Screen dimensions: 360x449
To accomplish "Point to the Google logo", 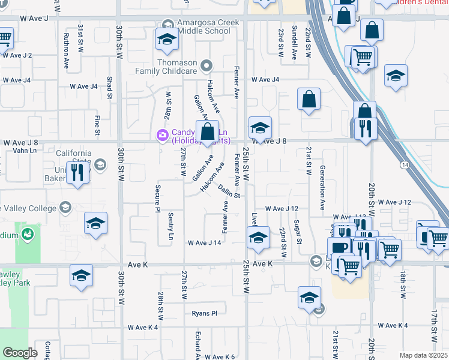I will (x=20, y=353).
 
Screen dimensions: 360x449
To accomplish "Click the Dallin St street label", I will (x=229, y=191).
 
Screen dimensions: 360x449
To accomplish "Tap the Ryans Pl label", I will (x=204, y=313).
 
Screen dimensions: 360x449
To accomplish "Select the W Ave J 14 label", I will (x=205, y=243).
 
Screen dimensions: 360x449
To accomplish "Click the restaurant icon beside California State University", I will (x=78, y=172).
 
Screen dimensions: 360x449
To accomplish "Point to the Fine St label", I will (x=97, y=123).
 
